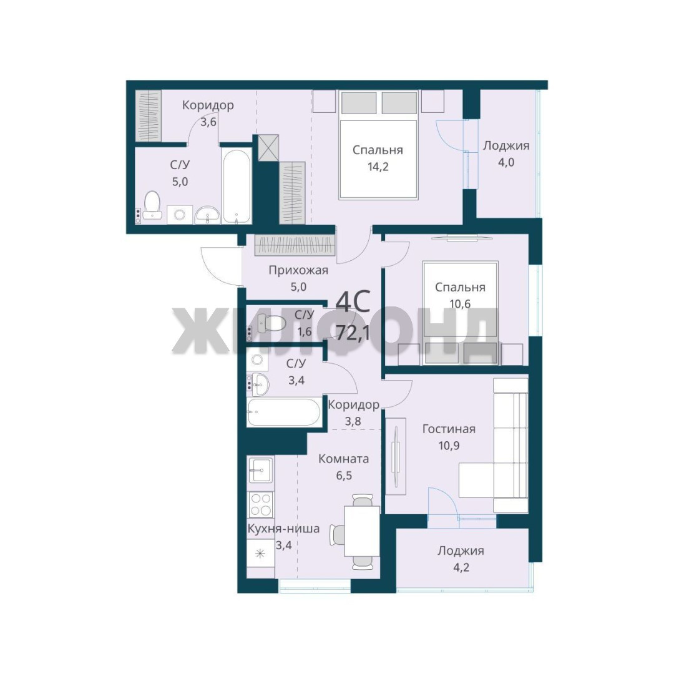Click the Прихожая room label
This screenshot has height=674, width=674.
(298, 270)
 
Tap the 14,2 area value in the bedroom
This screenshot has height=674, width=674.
(378, 167)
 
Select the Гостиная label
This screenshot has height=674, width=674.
(449, 429)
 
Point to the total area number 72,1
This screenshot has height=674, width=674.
(353, 332)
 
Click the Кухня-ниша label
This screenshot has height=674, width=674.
(284, 529)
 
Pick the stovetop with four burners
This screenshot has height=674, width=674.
(260, 504)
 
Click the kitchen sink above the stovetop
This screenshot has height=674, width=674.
(260, 470)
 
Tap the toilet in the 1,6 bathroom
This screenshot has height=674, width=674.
(271, 323)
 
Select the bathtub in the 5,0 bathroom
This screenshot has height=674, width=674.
(237, 186)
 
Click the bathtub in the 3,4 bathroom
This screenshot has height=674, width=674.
(284, 413)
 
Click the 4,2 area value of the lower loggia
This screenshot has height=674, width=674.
(460, 567)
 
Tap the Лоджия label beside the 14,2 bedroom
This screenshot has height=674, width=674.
(506, 145)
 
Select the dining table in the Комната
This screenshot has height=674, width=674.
(362, 531)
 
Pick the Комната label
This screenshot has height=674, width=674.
(343, 459)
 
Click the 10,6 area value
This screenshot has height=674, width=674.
(460, 303)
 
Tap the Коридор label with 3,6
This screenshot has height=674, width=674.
(208, 105)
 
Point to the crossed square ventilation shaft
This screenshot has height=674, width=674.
(268, 148)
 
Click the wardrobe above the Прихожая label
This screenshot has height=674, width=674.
(295, 245)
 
